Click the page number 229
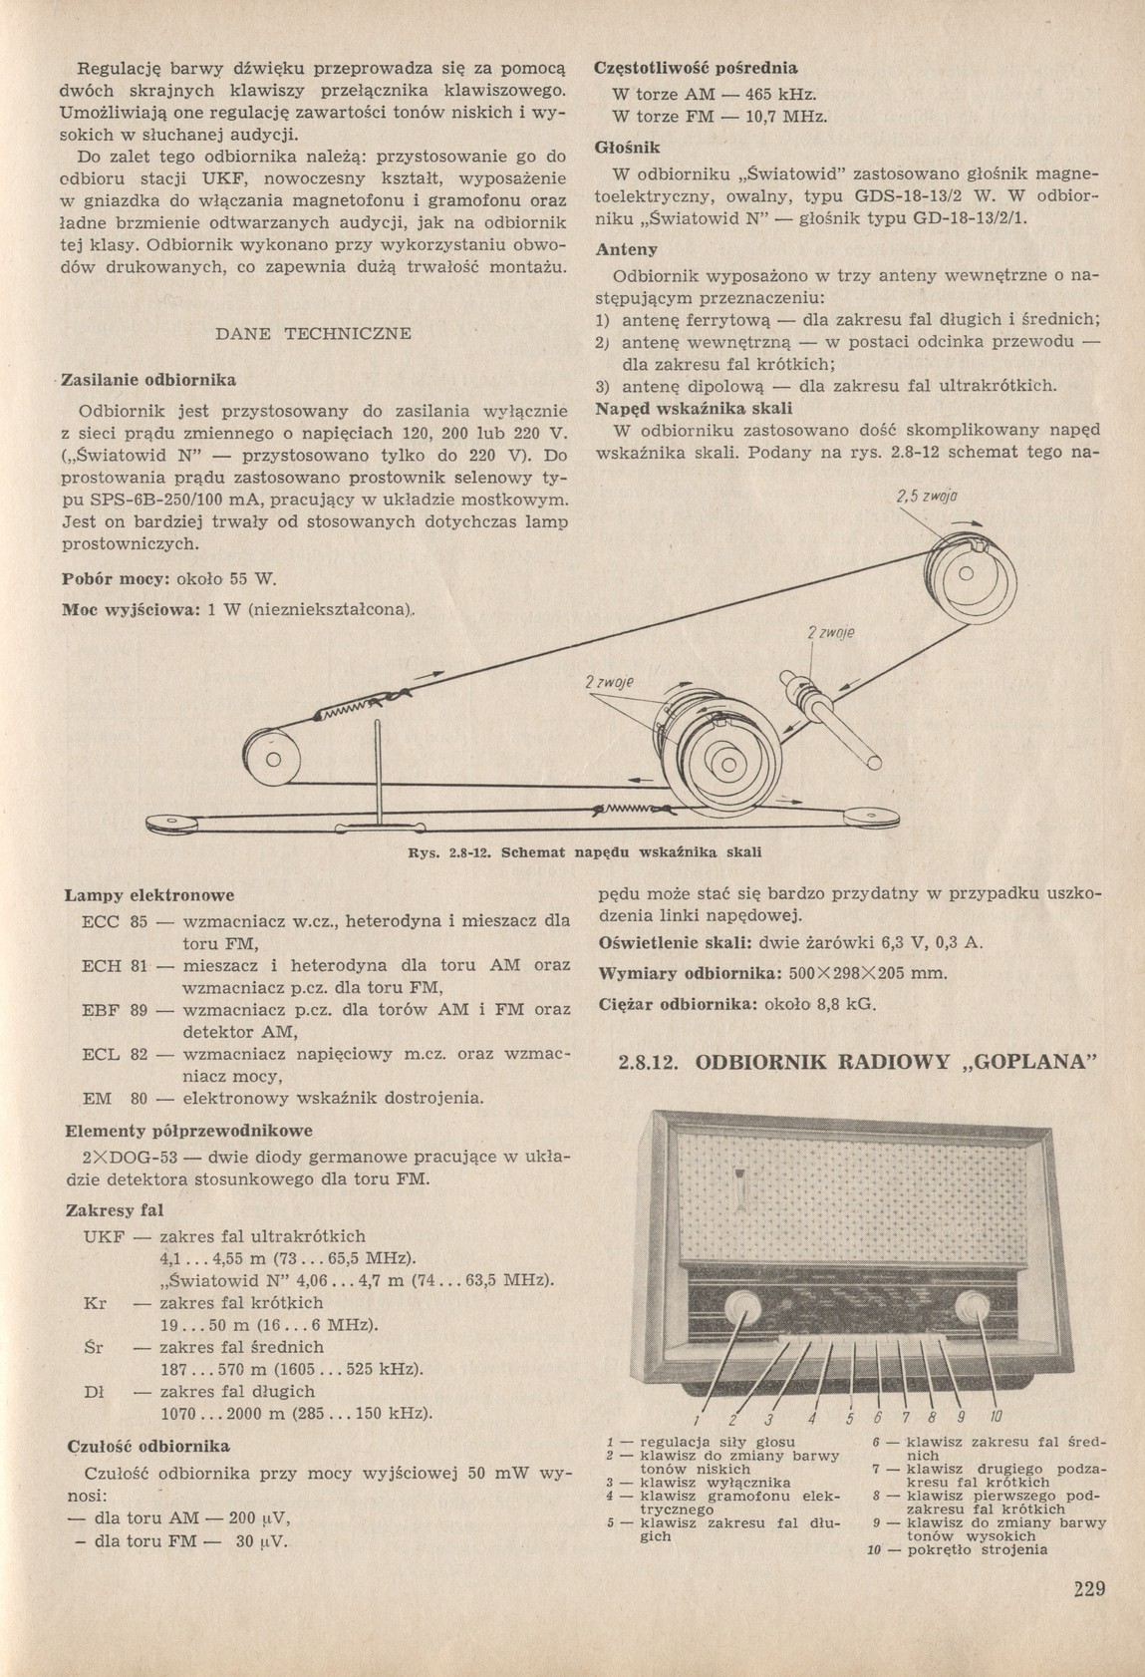click(1089, 1589)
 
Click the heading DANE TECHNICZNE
click(313, 334)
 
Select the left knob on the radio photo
click(741, 1309)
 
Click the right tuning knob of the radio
click(969, 1309)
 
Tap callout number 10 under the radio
click(997, 1417)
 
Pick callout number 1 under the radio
click(699, 1419)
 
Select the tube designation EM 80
click(115, 1098)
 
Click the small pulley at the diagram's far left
click(270, 763)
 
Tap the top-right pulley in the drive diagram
click(964, 576)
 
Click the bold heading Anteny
click(626, 249)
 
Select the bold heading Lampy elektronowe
click(148, 895)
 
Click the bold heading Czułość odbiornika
click(147, 1445)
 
